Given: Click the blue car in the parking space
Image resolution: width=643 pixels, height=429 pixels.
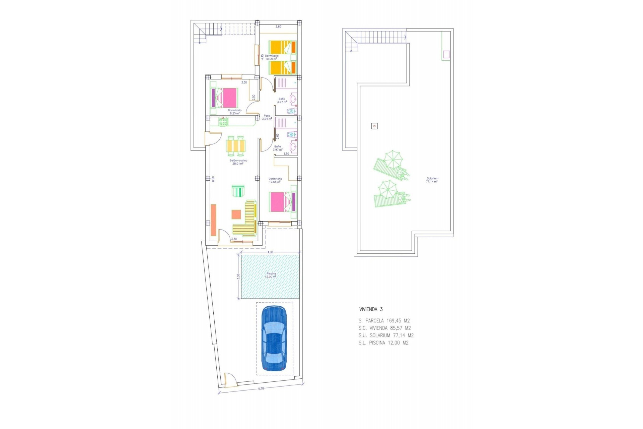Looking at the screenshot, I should click(x=274, y=339).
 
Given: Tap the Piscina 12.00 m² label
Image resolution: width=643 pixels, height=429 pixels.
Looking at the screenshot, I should click(x=271, y=275).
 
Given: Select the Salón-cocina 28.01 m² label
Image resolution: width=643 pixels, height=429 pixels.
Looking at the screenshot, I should click(x=238, y=162).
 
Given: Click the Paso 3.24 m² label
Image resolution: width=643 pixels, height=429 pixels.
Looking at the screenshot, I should click(x=267, y=117).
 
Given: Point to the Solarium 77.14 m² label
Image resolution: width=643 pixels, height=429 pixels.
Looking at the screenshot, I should click(x=432, y=180).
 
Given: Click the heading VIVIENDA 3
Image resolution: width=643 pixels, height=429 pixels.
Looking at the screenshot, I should click(x=371, y=309).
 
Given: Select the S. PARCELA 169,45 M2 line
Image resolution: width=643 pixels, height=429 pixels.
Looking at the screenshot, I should click(x=384, y=321).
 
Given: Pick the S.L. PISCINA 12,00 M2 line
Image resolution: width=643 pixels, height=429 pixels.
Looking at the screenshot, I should click(x=383, y=343).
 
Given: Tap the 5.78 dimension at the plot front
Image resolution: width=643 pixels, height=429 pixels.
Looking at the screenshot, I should click(x=261, y=389).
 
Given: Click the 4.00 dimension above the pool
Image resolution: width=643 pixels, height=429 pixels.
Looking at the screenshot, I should click(x=270, y=252).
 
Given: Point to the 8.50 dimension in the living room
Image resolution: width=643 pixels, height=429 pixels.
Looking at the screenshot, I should click(x=213, y=179).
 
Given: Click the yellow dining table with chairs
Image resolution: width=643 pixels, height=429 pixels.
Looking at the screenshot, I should click(x=236, y=146).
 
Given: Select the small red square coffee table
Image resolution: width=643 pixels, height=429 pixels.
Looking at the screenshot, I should click(x=236, y=214).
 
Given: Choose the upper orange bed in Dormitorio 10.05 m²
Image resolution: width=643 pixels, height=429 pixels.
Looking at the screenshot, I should click(x=282, y=47).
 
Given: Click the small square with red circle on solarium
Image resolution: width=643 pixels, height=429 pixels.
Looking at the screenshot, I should click(x=374, y=126).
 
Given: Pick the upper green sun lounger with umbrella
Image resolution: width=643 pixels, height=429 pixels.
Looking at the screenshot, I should click(x=391, y=166).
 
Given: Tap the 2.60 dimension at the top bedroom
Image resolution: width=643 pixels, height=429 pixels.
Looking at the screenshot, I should click(x=278, y=26).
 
